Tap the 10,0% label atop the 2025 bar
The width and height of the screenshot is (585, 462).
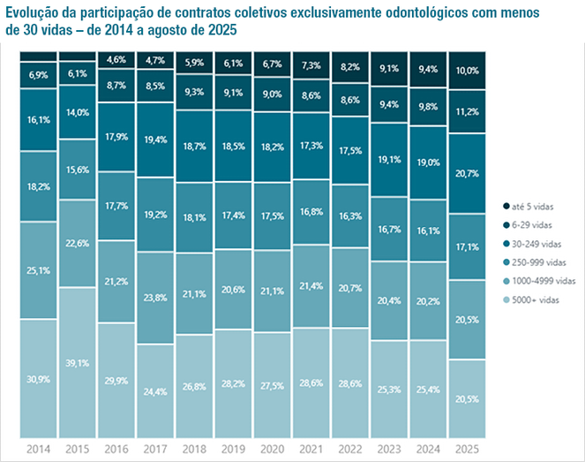point(466,70)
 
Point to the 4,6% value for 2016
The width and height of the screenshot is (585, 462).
point(115,59)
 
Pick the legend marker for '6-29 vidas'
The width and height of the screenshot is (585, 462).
point(504,225)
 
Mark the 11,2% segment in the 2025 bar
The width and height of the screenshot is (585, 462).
point(466,111)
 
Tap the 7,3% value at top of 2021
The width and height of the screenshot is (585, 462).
point(311,65)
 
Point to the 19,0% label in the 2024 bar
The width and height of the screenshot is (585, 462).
point(427,163)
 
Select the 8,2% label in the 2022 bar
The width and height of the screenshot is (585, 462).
point(349,66)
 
